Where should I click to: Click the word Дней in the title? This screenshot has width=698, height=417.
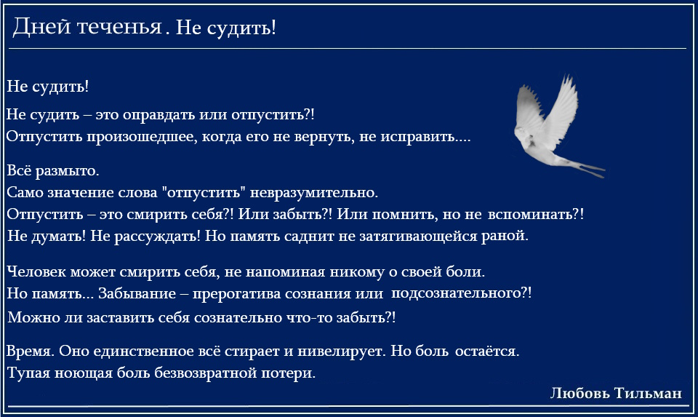[42, 28]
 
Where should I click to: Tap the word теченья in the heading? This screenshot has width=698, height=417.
[120, 28]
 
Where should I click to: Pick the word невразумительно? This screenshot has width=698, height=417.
[314, 193]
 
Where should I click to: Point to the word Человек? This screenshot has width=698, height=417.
[36, 271]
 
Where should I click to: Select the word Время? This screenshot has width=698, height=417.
[31, 352]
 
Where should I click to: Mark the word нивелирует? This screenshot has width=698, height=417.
[342, 352]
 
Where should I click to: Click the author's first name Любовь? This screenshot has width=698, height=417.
[580, 394]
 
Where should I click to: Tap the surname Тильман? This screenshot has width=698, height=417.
[648, 394]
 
